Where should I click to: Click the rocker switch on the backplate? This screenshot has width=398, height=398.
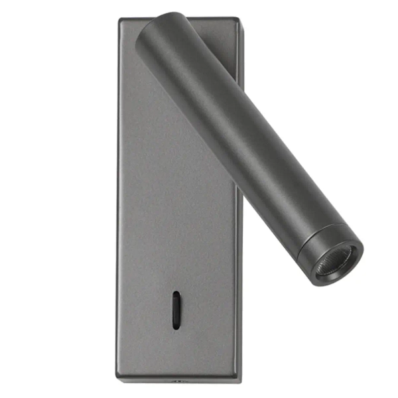(x=176, y=309)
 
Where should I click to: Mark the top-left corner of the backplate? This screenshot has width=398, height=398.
(x=120, y=19)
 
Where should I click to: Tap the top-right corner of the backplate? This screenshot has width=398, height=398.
(x=237, y=19)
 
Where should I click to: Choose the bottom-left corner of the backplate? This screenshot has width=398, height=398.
(x=120, y=381)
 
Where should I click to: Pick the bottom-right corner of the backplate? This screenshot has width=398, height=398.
(x=239, y=380)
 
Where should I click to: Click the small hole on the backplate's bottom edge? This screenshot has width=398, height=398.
(x=177, y=381)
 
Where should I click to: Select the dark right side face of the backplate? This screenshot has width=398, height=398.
(x=238, y=298)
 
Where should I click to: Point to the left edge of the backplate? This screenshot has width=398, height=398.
(x=119, y=199)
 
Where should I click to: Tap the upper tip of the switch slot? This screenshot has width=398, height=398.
(x=176, y=293)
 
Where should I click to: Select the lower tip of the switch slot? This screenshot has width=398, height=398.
(x=176, y=326)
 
